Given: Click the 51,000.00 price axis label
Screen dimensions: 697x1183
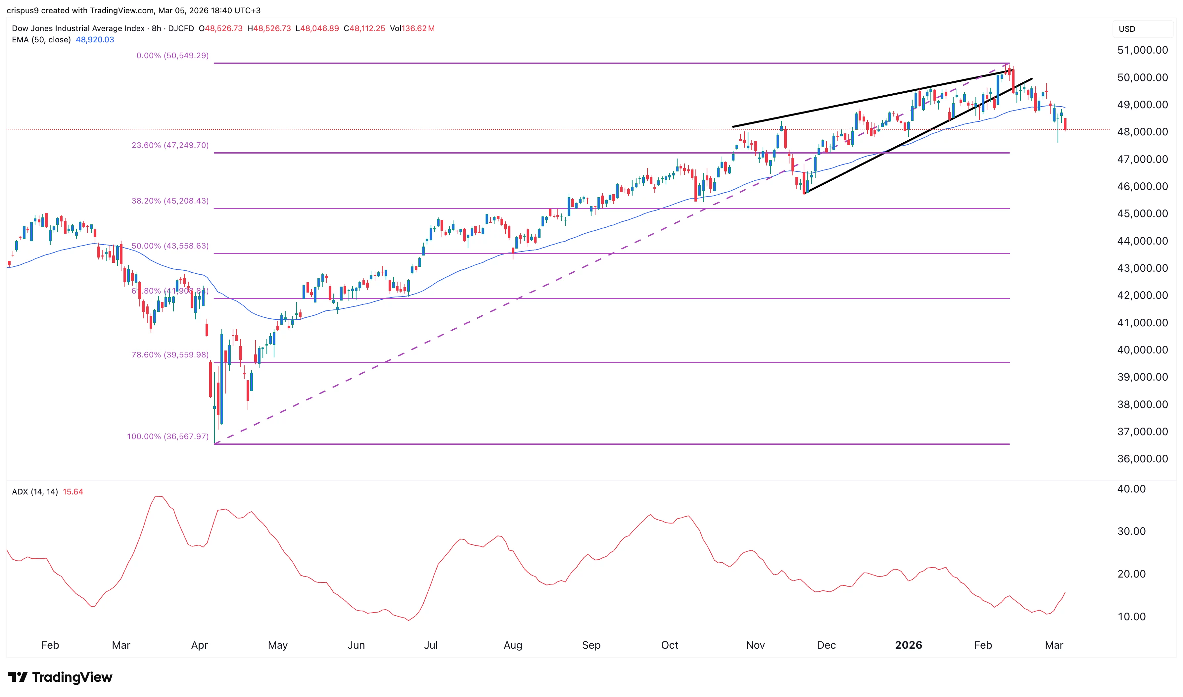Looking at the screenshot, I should click(1142, 50).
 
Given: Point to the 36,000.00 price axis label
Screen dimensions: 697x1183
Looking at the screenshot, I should click(1142, 459).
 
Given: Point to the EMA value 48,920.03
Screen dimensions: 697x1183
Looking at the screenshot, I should click(95, 39).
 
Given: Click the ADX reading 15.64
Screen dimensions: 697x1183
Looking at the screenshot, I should click(73, 492).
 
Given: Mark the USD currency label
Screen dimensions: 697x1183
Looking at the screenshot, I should click(1127, 29).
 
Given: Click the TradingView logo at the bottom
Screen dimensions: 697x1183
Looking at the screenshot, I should click(60, 677).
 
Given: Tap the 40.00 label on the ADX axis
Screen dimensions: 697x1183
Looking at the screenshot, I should click(1131, 489).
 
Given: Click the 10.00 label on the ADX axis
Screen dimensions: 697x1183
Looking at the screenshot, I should click(1131, 616).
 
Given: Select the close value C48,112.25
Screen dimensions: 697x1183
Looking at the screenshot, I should click(364, 28).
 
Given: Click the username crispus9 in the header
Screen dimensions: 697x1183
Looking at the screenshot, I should click(22, 10).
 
